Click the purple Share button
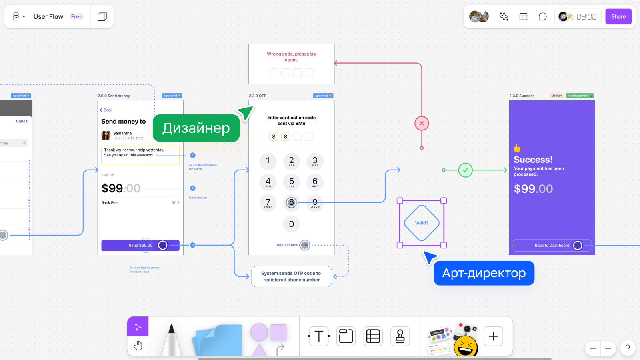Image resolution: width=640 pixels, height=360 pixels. tap(618, 17)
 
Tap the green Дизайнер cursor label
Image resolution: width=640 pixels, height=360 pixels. tap(196, 128)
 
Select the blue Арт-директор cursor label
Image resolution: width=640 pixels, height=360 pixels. tap(484, 273)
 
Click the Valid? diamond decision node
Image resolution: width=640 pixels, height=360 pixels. tap(422, 223)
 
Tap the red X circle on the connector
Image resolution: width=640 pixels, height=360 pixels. tap(422, 123)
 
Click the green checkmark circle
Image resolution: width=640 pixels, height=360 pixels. tap(465, 170)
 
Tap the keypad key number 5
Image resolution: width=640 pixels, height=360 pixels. tap(292, 182)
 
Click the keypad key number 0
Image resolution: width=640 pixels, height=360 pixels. tap(292, 224)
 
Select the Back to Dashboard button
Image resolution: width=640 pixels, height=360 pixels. tap(552, 246)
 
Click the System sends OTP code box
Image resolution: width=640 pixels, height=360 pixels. tap(291, 276)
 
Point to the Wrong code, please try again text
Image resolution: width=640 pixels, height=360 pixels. tap(291, 57)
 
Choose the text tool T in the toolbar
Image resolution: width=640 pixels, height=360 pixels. tap(319, 336)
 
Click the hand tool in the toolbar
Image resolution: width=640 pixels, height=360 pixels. tap(138, 345)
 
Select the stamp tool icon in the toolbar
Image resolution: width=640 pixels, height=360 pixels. tap(400, 336)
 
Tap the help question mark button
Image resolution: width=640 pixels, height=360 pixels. tap(628, 348)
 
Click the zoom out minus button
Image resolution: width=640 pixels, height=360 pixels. tap(593, 349)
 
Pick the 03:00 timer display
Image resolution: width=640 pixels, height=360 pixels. tap(586, 17)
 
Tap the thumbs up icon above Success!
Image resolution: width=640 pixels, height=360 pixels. tap(517, 148)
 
